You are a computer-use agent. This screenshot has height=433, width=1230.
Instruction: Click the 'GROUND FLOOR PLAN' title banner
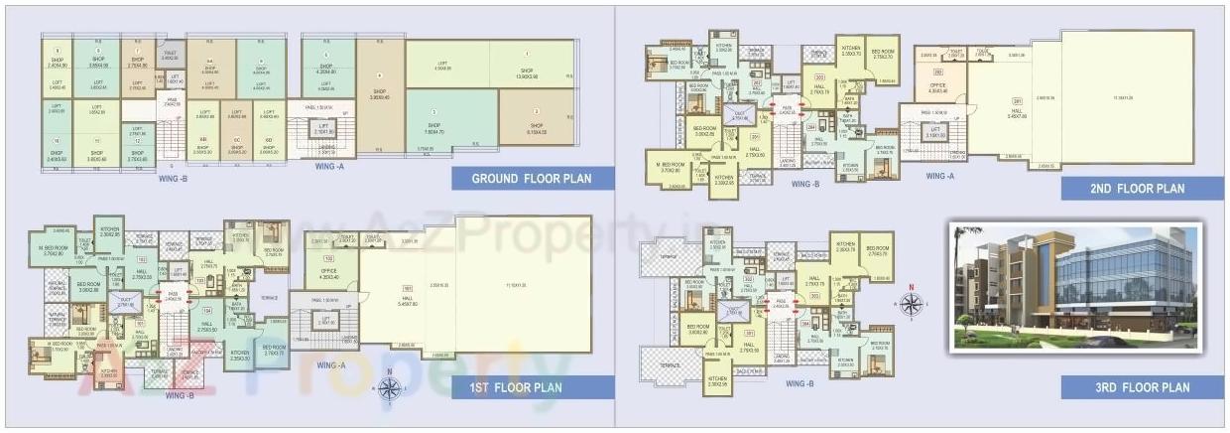click(533, 179)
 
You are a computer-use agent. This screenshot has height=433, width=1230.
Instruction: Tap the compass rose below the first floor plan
click(391, 390)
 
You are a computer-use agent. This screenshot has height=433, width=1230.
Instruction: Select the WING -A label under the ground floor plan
click(329, 167)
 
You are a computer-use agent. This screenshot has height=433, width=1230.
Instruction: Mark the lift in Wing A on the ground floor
click(323, 131)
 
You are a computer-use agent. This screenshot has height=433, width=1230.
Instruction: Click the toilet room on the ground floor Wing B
click(170, 56)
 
